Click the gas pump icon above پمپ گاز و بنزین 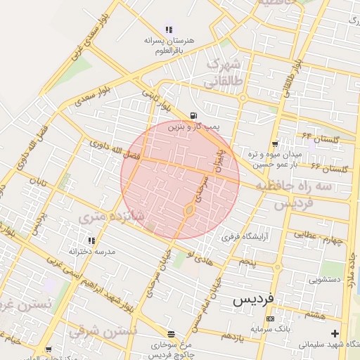pos(193,117)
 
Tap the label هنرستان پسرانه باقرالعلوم pos(169,46)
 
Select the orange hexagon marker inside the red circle pos(190,210)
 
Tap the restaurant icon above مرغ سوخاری pos(171,334)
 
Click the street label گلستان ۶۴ pos(321,138)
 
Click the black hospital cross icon pos(335,333)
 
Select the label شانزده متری pos(122,218)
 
